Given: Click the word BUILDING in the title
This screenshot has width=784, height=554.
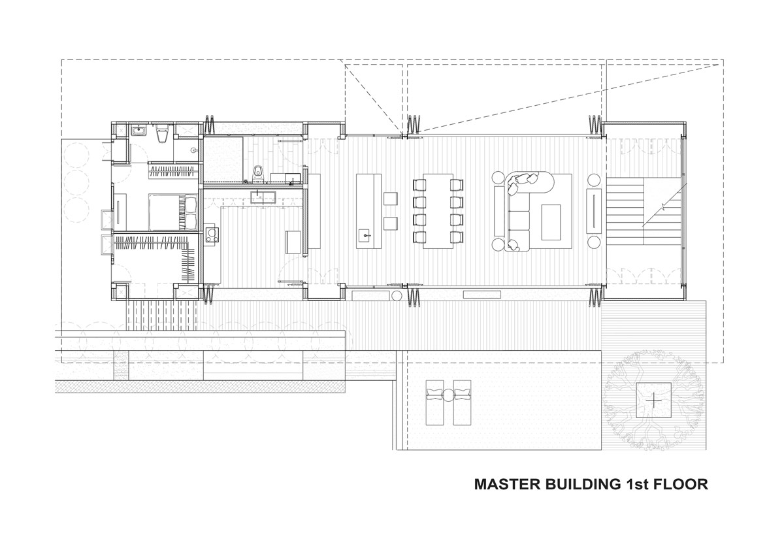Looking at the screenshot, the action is [x=580, y=484].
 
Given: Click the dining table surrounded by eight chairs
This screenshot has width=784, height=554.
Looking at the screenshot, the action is [x=438, y=211].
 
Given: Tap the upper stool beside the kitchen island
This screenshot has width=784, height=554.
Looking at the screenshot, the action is [x=390, y=199].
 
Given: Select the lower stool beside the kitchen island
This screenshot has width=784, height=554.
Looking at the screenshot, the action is [x=390, y=223].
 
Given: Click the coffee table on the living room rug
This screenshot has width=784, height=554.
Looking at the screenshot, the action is [x=551, y=222].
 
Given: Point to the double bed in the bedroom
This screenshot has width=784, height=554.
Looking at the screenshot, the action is [x=173, y=212].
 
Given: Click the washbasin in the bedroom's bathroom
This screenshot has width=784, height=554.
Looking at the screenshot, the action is [x=139, y=131].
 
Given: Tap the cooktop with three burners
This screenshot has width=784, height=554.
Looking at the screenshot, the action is [x=212, y=235].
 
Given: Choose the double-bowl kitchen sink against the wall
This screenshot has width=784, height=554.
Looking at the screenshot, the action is [x=263, y=197].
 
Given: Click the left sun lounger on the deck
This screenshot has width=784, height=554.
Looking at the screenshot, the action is [x=434, y=402].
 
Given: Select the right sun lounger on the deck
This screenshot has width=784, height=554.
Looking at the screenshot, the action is [x=462, y=402].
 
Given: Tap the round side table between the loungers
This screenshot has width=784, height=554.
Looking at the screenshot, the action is [x=448, y=395].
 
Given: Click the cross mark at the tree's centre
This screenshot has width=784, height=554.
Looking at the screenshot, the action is [x=653, y=400].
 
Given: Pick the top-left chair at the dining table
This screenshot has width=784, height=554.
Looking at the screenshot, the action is [x=419, y=185].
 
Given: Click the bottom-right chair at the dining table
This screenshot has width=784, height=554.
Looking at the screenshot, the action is [x=457, y=237].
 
